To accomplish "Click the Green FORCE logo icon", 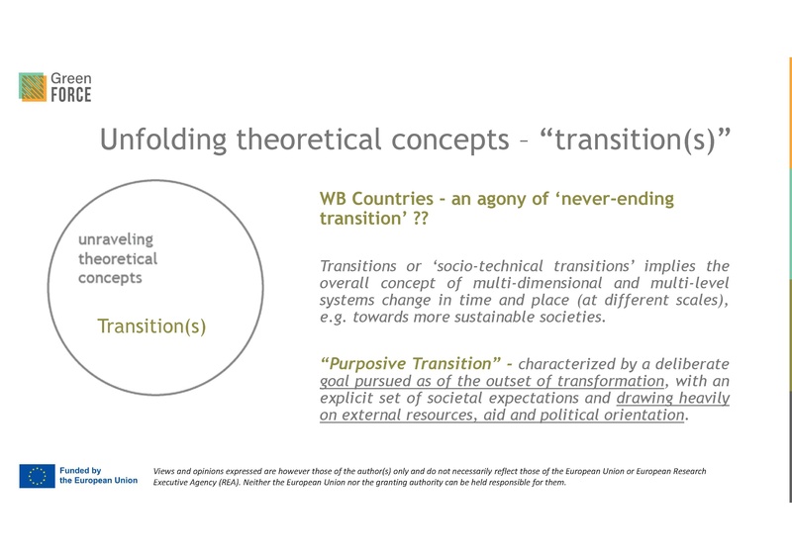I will (x=33, y=87).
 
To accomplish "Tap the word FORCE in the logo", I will (x=71, y=96).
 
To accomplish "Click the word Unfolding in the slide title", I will (x=163, y=141).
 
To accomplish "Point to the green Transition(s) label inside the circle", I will (x=151, y=327).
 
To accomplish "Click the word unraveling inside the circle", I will (x=116, y=239).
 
